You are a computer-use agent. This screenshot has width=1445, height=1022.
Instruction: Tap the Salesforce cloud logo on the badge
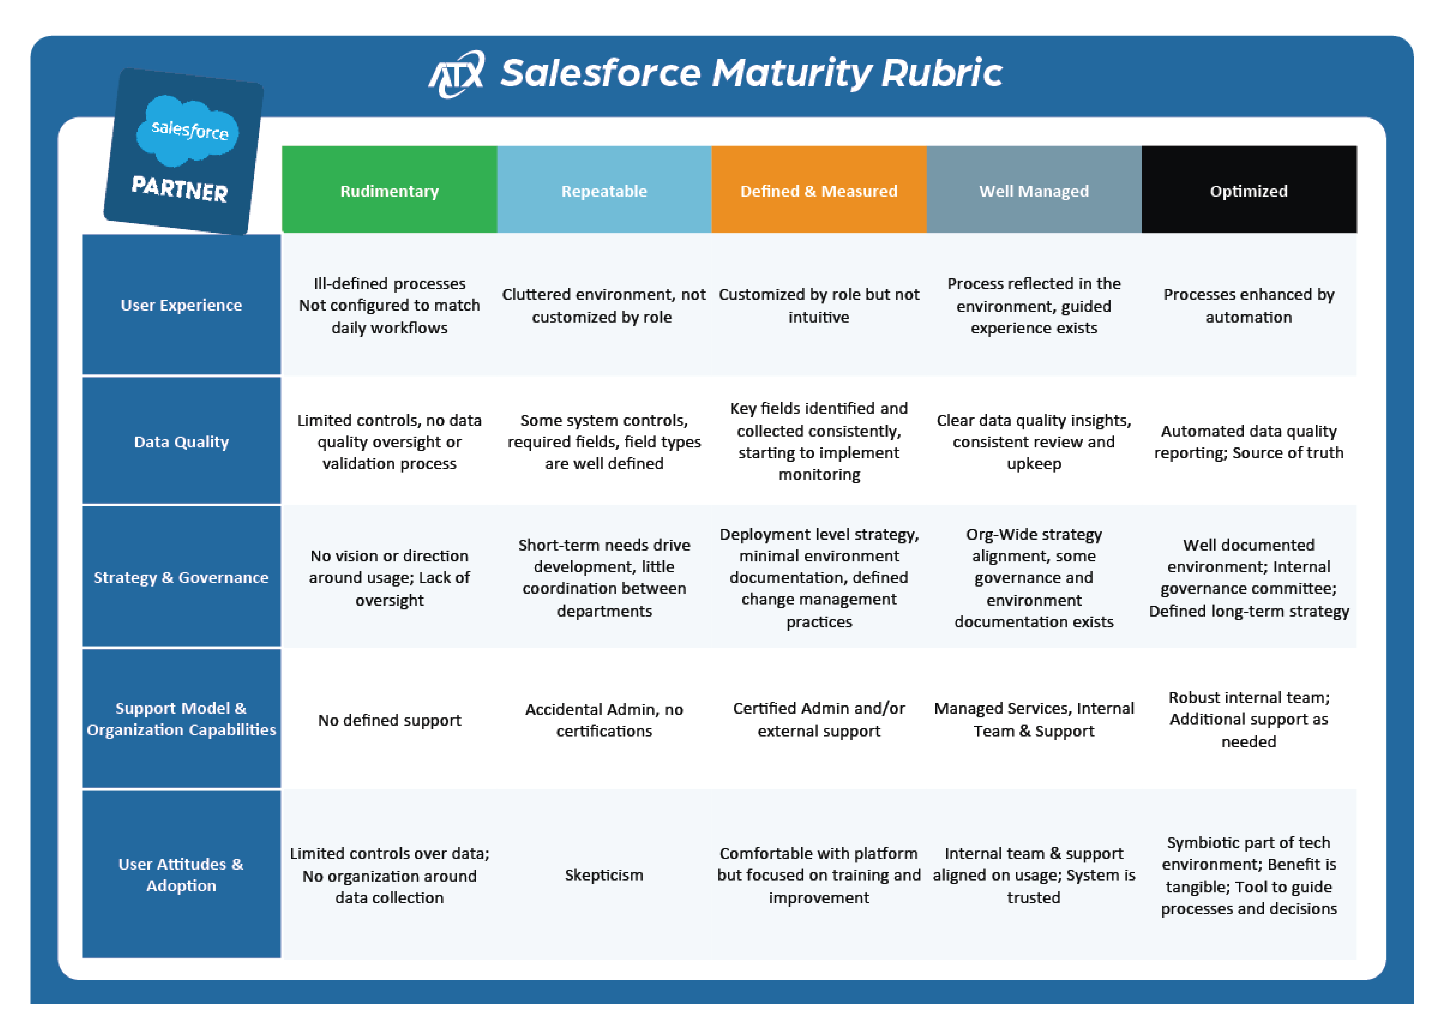188,130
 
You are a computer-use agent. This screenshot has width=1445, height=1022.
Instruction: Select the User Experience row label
181,305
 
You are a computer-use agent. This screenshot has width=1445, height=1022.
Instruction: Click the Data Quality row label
181,442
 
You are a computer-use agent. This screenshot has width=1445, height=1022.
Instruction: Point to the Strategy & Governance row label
181,577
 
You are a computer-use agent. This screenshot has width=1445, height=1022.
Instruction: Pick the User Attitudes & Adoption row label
181,875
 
